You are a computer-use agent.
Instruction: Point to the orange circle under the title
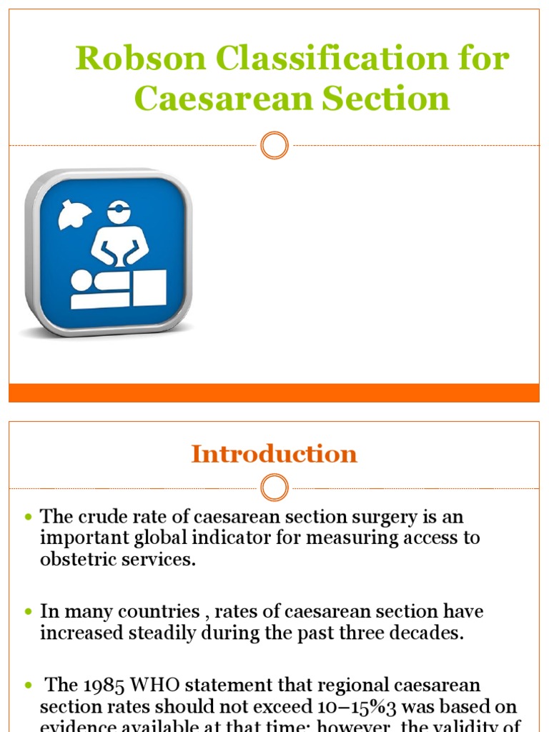274,146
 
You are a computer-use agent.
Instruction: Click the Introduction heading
274,454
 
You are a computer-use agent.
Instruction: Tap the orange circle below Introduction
274,488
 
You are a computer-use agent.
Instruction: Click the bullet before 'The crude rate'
29,517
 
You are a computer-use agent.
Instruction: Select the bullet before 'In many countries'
29,613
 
